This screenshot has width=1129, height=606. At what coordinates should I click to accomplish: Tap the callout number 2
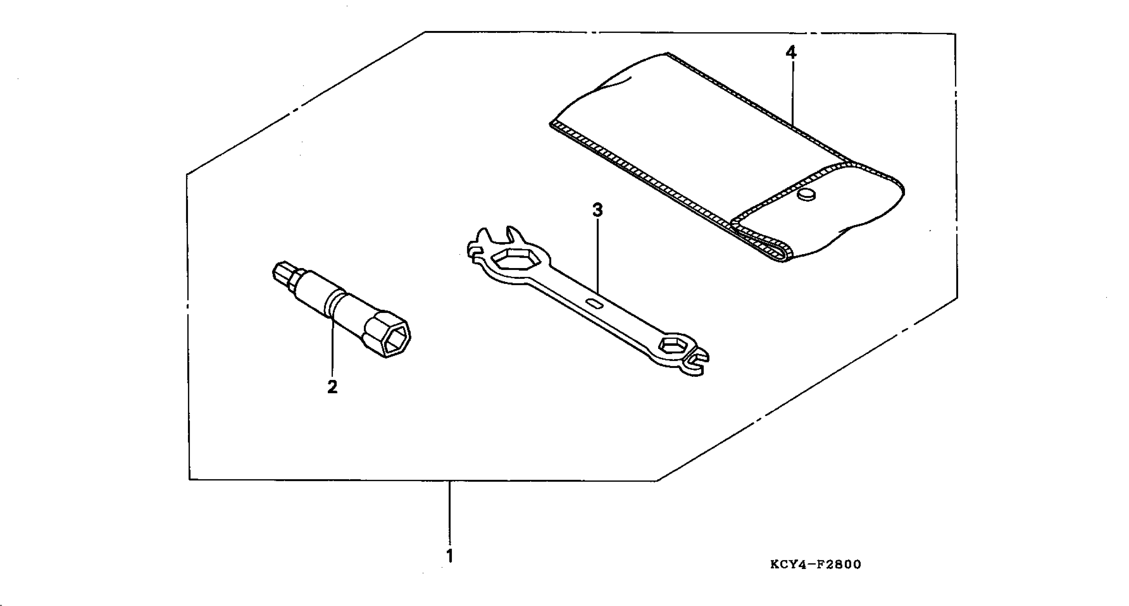332,387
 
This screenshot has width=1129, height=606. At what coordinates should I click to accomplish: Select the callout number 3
597,210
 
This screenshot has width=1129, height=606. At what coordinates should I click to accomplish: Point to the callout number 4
790,52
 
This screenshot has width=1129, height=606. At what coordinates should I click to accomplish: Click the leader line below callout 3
597,254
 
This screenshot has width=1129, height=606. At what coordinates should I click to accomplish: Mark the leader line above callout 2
332,346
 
